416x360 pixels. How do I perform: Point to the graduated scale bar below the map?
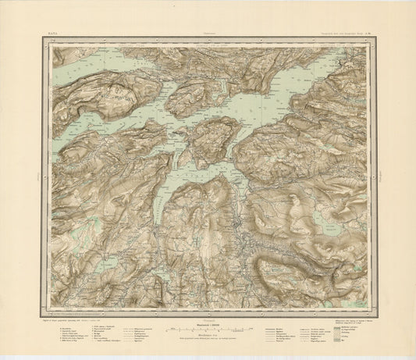(x=208, y=309)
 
